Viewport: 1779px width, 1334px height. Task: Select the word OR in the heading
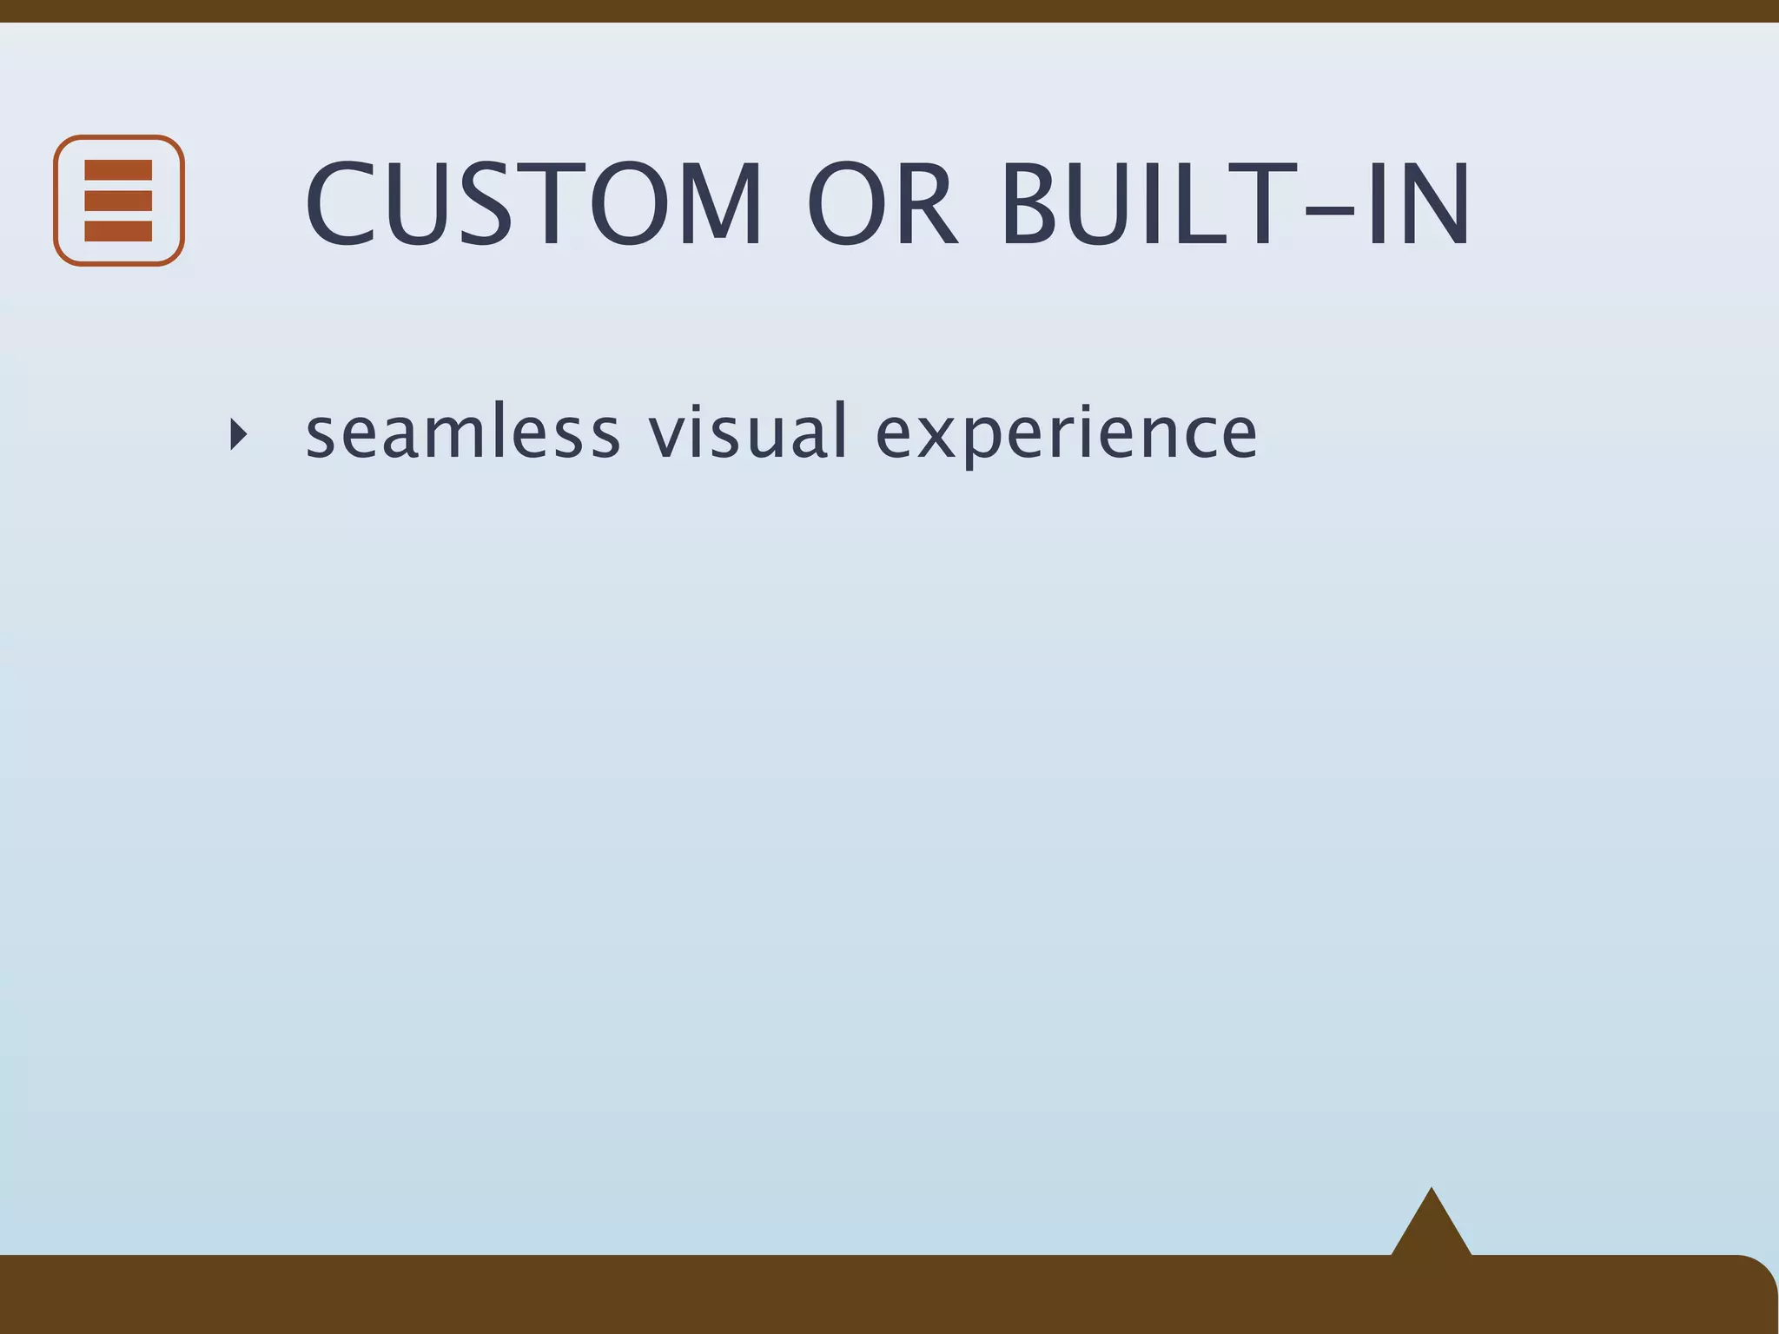tap(883, 205)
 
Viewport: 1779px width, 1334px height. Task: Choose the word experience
tap(1066, 434)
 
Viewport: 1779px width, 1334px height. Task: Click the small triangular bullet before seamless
tap(238, 433)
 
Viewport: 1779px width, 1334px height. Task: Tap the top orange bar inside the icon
tap(118, 170)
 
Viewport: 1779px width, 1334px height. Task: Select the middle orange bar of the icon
tap(118, 201)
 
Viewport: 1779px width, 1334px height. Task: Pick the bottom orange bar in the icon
tap(118, 231)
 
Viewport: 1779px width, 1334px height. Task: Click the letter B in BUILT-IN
tap(1035, 205)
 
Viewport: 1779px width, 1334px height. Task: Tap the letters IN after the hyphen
tap(1417, 205)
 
